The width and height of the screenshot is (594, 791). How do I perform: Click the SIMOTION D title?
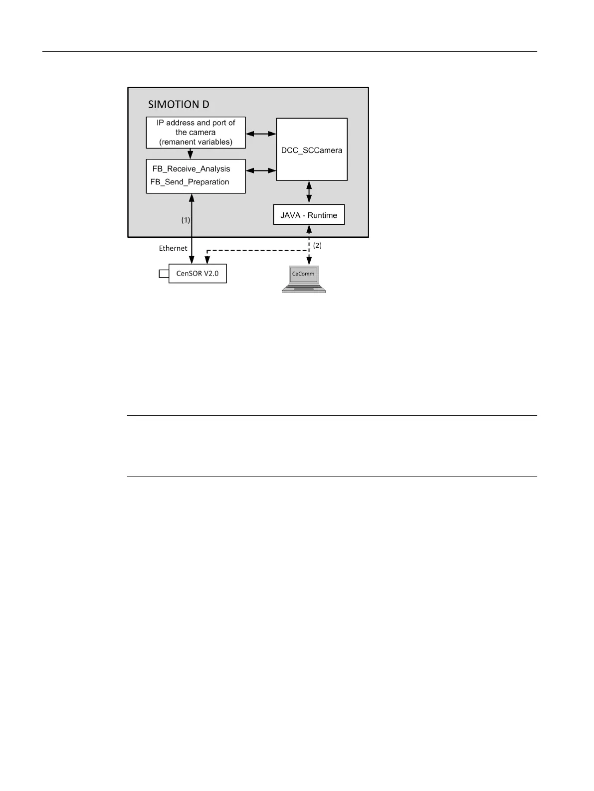(x=179, y=104)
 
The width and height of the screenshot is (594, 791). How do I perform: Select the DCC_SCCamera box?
(x=312, y=150)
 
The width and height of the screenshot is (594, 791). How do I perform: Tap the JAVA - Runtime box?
(x=309, y=215)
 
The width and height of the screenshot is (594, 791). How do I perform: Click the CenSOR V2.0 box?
(x=198, y=274)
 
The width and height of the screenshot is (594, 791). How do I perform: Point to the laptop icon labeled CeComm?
(x=303, y=279)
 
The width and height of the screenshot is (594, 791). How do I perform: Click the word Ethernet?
(x=173, y=248)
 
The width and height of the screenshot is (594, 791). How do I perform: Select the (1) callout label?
(x=186, y=220)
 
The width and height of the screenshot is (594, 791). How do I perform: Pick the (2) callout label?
(x=317, y=246)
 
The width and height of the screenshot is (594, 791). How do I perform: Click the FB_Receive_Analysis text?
(x=192, y=169)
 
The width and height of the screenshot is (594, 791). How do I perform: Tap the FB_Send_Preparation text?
(x=190, y=182)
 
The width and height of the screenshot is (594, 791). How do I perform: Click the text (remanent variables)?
(x=196, y=142)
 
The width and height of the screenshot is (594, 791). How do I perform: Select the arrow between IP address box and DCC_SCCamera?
(x=261, y=134)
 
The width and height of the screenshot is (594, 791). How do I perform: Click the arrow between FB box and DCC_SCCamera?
(x=261, y=170)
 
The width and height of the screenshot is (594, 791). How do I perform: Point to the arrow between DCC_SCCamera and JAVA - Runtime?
(x=309, y=192)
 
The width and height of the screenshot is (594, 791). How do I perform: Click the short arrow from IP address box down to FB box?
(x=190, y=154)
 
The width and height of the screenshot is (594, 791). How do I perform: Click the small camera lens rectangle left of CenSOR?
(x=164, y=274)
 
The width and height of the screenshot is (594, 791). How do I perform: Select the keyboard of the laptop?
(x=303, y=289)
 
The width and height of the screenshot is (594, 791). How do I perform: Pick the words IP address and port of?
(x=196, y=123)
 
